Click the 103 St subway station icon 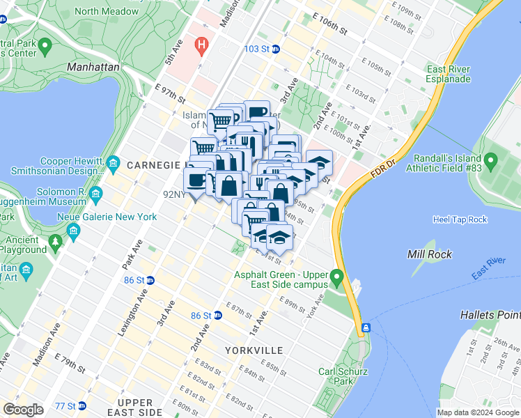pyautogui.click(x=276, y=49)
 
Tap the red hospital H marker pyautogui.click(x=203, y=47)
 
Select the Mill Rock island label pyautogui.click(x=429, y=254)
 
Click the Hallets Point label pyautogui.click(x=490, y=315)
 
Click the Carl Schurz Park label pyautogui.click(x=337, y=376)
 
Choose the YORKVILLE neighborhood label pyautogui.click(x=254, y=350)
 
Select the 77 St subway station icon pyautogui.click(x=81, y=405)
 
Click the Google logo pyautogui.click(x=23, y=409)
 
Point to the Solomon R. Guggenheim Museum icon pyautogui.click(x=95, y=193)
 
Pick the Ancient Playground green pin pyautogui.click(x=55, y=242)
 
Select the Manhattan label pyautogui.click(x=93, y=67)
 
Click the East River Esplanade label pyautogui.click(x=449, y=74)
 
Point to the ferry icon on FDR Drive pyautogui.click(x=365, y=327)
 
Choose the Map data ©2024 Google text pyautogui.click(x=478, y=412)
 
